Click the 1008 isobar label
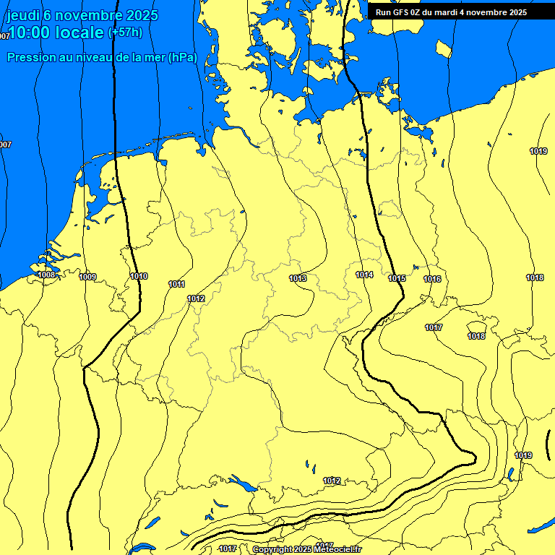(47, 275)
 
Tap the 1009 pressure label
(88, 277)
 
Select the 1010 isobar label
(139, 277)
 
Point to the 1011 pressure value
(177, 284)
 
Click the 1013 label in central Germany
(298, 278)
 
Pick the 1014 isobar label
(364, 275)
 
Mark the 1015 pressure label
(397, 278)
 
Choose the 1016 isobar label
(432, 279)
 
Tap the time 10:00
(32, 33)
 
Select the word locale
(82, 33)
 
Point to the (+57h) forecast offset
(125, 33)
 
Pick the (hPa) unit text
(182, 58)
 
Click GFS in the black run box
(403, 12)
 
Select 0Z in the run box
(421, 12)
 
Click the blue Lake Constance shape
(240, 481)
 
